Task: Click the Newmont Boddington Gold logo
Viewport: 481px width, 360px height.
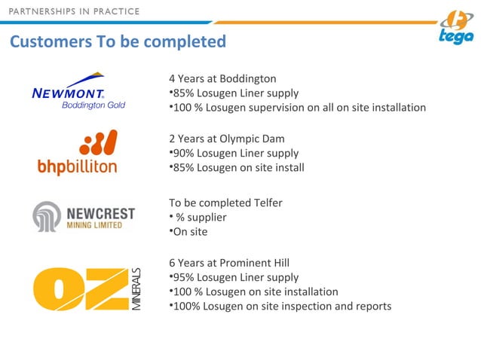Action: tap(78, 91)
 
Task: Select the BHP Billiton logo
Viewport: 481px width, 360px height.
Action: tap(77, 153)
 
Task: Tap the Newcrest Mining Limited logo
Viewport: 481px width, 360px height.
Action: tap(83, 217)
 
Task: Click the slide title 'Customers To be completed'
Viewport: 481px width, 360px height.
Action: tap(118, 41)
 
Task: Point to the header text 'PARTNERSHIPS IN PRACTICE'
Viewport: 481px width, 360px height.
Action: tap(75, 11)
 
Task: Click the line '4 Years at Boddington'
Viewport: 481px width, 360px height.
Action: tap(222, 78)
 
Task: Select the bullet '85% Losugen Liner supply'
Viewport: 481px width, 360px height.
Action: tap(234, 93)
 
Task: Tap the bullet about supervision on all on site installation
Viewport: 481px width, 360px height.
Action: tap(297, 107)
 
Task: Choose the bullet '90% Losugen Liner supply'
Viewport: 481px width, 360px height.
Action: tap(234, 153)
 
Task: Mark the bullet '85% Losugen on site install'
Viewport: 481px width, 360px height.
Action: tap(237, 167)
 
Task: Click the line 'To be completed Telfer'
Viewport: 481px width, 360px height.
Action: tap(225, 203)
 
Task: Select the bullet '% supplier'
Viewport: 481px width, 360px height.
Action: tap(199, 217)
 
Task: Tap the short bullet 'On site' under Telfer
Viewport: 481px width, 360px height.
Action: tap(189, 231)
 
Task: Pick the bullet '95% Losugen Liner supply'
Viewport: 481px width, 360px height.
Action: tap(234, 277)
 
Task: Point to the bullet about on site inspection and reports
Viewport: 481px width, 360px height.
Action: tap(280, 306)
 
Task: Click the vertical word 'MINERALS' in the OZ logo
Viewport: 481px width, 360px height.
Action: tap(136, 289)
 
